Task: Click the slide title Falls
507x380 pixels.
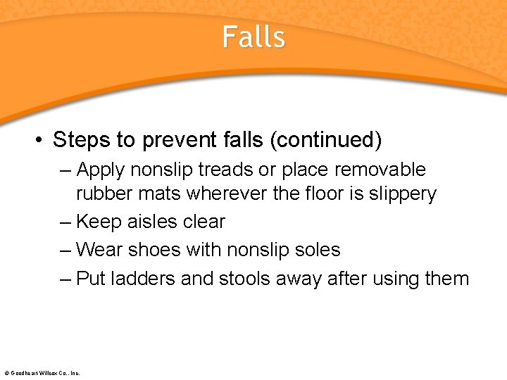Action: tap(254, 37)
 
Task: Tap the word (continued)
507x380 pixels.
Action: tap(325, 140)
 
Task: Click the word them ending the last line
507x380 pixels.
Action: tap(447, 279)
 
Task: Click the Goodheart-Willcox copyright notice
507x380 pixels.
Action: tap(42, 373)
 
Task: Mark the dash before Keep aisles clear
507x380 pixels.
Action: tap(65, 222)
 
